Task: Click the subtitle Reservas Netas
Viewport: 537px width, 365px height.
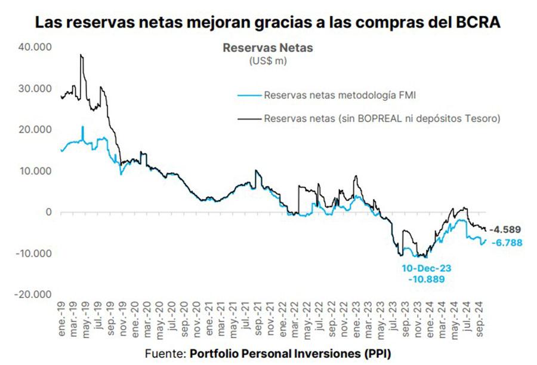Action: tap(268, 47)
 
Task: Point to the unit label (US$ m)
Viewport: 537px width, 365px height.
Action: tap(268, 60)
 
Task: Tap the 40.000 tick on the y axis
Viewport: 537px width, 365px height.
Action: tap(35, 47)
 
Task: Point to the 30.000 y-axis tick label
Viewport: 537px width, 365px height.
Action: tap(35, 88)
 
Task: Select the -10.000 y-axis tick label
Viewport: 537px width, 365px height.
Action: tap(33, 253)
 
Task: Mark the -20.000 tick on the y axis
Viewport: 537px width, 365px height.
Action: tap(33, 295)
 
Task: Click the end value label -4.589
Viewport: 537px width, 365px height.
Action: tap(506, 229)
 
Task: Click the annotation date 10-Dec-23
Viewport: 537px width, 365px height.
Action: tap(427, 268)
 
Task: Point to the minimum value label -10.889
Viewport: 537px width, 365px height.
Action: tap(427, 279)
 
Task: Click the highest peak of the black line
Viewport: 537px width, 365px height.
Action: tap(81, 55)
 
